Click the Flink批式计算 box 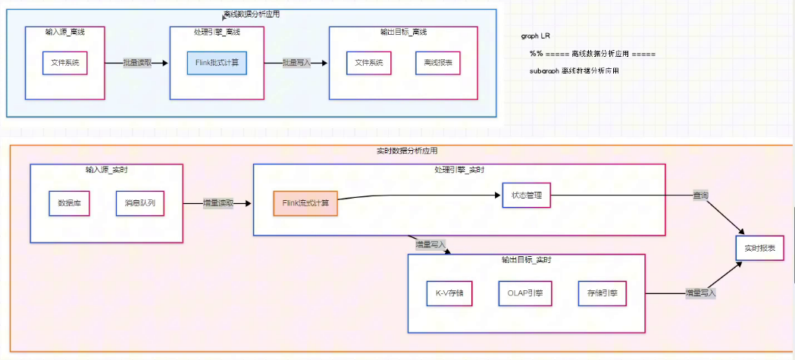point(218,62)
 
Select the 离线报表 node point(440,62)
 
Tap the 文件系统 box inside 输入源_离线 point(64,62)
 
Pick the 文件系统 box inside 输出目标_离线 point(368,62)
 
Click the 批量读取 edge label point(137,63)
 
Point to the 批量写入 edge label point(296,63)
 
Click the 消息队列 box point(140,203)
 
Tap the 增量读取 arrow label point(218,203)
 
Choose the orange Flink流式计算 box point(305,203)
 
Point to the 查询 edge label point(701,196)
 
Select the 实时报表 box point(759,249)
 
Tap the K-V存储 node point(449,293)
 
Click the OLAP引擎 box point(525,293)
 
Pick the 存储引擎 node point(602,293)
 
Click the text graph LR point(536,36)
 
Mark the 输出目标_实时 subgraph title point(526,260)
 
